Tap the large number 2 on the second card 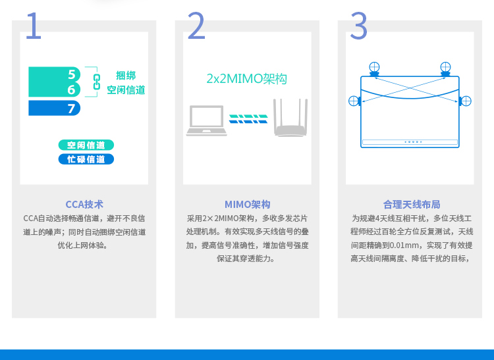196,25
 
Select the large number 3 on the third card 358,25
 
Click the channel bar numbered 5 54,74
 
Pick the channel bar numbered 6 54,90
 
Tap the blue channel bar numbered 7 54,108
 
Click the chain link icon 96,82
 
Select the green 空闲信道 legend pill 86,145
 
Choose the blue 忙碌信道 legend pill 86,159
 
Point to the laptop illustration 206,120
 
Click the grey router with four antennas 290,117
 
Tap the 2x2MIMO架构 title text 246,79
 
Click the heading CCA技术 84,205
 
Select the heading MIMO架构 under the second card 247,205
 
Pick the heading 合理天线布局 412,205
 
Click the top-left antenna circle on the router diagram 374,67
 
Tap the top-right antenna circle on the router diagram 445,67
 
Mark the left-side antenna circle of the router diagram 354,101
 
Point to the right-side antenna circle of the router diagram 466,101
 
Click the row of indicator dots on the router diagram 413,142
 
